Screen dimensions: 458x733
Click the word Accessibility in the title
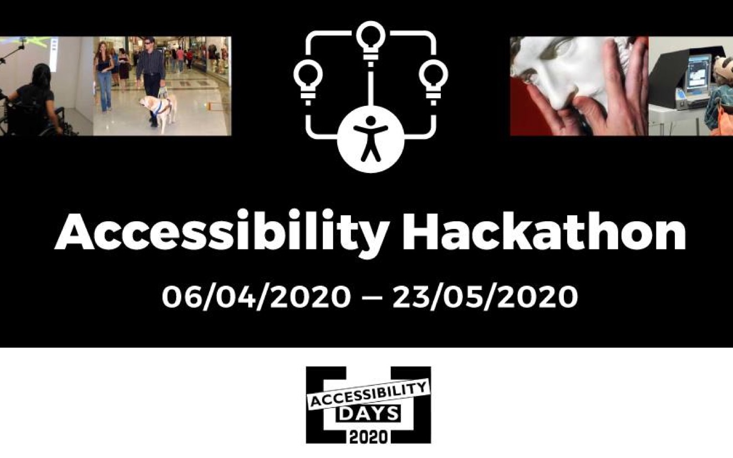221,233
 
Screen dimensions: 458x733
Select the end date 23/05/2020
485,297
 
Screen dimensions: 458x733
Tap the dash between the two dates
371,298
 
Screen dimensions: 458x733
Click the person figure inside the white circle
370,139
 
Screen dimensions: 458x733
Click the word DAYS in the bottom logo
368,413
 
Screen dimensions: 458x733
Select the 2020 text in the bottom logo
368,436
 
